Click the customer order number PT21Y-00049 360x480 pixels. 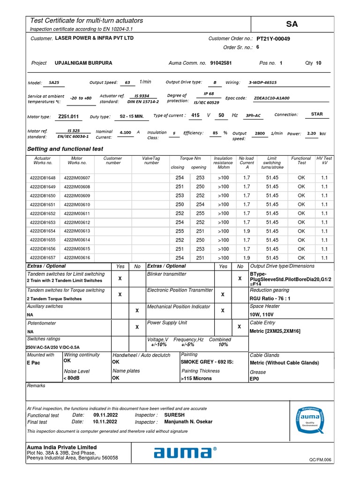point(273,39)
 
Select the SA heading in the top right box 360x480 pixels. point(292,24)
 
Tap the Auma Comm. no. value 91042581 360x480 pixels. point(221,63)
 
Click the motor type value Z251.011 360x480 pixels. point(68,116)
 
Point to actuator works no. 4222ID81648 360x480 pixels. point(43,178)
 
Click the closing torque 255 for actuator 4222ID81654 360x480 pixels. point(180,231)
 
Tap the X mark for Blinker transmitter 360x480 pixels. point(240,278)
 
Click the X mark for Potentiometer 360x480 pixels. point(137,327)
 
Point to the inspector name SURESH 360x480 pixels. point(174,415)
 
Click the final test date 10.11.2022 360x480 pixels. point(105,421)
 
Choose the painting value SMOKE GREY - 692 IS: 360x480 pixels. point(207,362)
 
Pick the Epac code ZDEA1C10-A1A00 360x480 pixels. point(271,98)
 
